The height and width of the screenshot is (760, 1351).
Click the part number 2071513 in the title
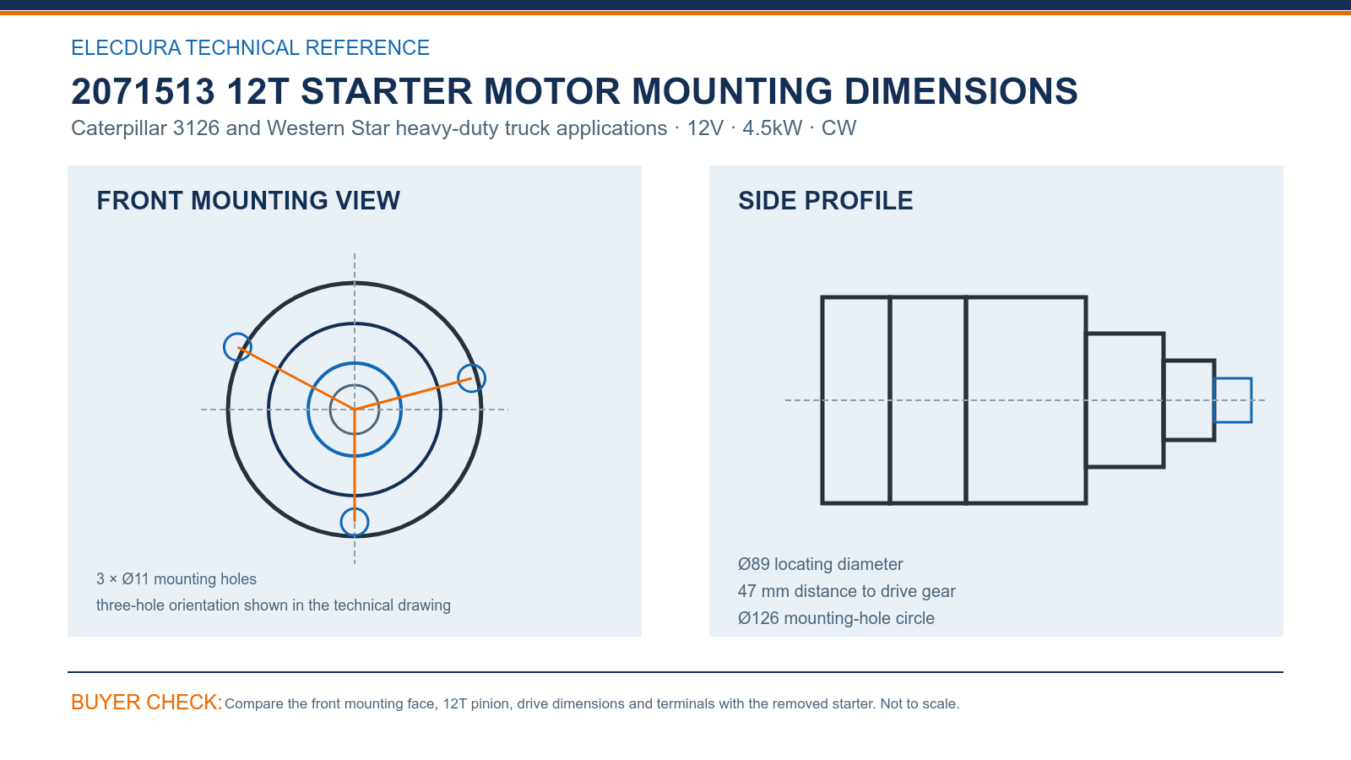143,92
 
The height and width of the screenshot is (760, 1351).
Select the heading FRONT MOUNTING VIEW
248,201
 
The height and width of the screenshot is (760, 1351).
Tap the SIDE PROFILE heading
825,201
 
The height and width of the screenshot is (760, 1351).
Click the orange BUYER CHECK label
147,702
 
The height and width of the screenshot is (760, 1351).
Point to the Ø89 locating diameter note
820,564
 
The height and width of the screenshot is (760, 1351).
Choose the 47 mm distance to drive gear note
846,591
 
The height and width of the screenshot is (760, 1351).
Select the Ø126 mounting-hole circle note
836,618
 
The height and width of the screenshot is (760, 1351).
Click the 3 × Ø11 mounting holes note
176,579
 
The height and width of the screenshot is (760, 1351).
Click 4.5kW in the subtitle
772,128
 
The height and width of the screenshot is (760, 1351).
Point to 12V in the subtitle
705,128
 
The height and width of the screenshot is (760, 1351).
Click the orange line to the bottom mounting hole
355,465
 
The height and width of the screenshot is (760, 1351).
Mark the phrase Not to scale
920,704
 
